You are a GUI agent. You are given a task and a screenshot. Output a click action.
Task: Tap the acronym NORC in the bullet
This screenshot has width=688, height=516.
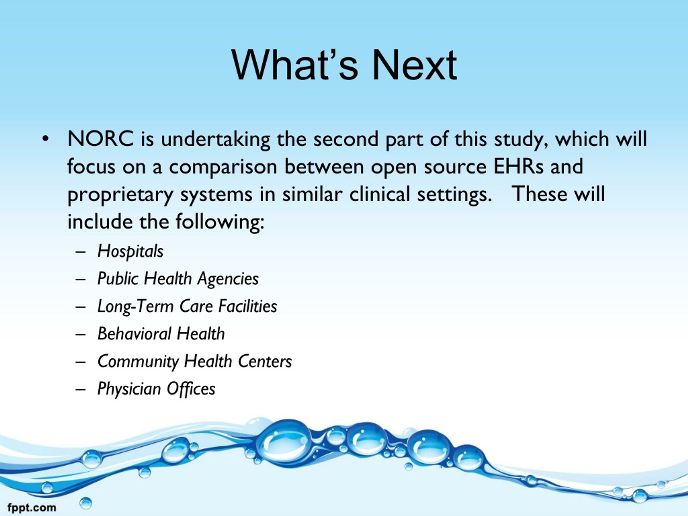pyautogui.click(x=101, y=139)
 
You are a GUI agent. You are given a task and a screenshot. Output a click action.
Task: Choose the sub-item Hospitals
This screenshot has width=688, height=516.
pyautogui.click(x=130, y=251)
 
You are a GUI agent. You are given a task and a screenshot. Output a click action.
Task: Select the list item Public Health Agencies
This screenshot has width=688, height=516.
pyautogui.click(x=178, y=279)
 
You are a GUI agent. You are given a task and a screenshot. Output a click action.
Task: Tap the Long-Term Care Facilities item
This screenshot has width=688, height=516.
pyautogui.click(x=187, y=306)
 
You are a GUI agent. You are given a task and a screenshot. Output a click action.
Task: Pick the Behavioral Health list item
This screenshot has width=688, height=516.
pyautogui.click(x=161, y=334)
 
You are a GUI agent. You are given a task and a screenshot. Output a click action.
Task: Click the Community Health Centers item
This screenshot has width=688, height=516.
pyautogui.click(x=195, y=361)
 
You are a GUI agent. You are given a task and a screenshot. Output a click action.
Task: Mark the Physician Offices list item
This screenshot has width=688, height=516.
pyautogui.click(x=156, y=389)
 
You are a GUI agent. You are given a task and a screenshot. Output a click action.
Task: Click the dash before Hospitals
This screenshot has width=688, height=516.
pyautogui.click(x=80, y=252)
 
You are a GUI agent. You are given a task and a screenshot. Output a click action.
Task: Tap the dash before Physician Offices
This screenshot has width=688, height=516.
pyautogui.click(x=80, y=390)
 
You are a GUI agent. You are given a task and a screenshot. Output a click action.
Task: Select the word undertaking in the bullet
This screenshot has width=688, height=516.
pyautogui.click(x=216, y=139)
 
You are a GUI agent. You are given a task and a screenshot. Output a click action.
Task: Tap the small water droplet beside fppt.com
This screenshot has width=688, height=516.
pyautogui.click(x=86, y=503)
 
